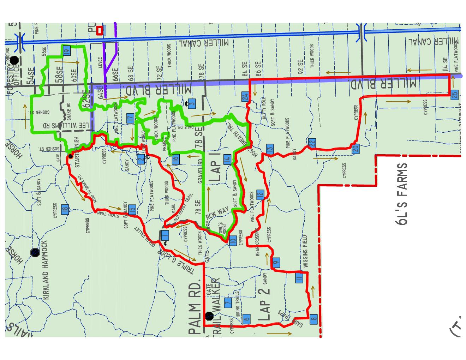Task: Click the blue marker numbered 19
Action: [66, 50]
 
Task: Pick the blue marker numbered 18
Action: [65, 209]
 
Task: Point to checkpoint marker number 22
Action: [311, 144]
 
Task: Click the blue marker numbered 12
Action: [260, 194]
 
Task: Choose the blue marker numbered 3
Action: [192, 103]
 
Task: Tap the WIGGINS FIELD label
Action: [305, 251]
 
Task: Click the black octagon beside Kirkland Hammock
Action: [35, 252]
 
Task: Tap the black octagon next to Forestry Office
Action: [14, 60]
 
